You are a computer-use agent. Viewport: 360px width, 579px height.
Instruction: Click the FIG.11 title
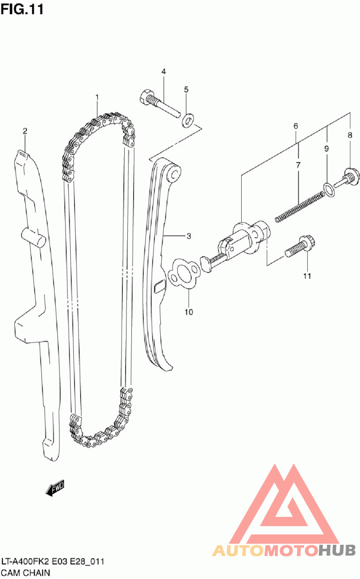(x=22, y=9)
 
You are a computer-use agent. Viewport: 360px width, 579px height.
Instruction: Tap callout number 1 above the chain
(x=96, y=97)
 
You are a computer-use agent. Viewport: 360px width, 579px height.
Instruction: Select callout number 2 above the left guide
(x=25, y=131)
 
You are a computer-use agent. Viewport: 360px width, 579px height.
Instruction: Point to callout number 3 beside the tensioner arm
(x=189, y=236)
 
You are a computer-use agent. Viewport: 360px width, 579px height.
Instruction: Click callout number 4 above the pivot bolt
(x=164, y=72)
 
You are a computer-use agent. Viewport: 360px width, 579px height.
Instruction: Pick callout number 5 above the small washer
(x=186, y=90)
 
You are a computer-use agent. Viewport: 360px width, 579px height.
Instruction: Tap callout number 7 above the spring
(x=298, y=165)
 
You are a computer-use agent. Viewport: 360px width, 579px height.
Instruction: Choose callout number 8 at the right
(x=350, y=135)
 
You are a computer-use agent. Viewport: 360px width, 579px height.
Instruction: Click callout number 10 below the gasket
(x=189, y=312)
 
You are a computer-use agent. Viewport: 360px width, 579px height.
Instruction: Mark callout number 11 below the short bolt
(x=307, y=276)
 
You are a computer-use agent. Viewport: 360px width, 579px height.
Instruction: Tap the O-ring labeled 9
(x=329, y=190)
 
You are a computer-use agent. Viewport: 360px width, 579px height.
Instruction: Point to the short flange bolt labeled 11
(x=301, y=247)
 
